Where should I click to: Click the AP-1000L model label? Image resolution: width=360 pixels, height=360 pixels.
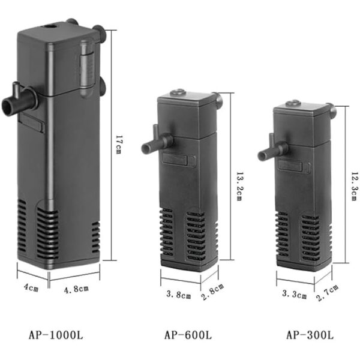pos(56,335)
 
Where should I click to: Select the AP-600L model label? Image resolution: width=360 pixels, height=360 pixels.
pos(188,335)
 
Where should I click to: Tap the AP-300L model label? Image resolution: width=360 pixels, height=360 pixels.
pos(310,335)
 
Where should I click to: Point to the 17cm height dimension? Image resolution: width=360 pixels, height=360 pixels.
pos(119,145)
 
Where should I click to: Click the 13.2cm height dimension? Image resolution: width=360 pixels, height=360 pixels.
pos(239,187)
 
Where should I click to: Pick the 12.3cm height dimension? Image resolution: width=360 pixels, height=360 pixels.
pos(355,187)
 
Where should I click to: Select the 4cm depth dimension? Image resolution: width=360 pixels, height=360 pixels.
pos(31,287)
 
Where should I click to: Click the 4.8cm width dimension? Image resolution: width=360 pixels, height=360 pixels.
pos(76,289)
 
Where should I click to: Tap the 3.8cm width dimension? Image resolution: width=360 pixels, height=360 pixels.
pos(179,295)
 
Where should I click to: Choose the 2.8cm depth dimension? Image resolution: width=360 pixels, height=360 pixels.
pos(212,292)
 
